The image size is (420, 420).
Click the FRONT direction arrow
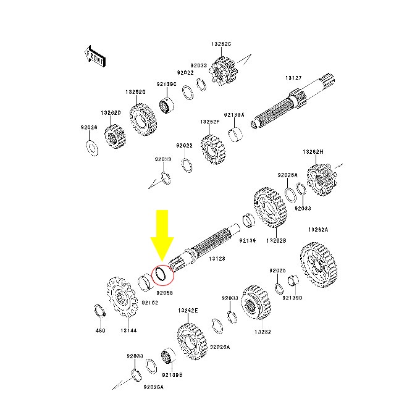coord(95,57)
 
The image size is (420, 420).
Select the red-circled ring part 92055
coord(161,274)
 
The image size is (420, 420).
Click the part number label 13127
coord(293,78)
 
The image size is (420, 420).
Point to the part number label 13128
coord(217,259)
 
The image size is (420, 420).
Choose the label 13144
coord(128,330)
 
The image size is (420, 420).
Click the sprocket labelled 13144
coord(122,297)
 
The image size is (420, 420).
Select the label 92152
coord(149,303)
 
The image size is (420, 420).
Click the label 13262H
coord(313,152)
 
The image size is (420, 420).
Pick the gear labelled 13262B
coord(270,208)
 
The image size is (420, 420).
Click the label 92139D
coord(292,298)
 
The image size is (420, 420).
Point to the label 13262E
coord(188,311)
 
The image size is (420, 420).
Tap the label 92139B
coord(172,375)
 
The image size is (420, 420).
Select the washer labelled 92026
coord(93,148)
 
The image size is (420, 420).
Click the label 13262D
coord(111,113)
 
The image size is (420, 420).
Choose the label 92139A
coord(234,115)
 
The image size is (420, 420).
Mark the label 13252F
coord(210,122)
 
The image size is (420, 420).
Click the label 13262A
coord(318,230)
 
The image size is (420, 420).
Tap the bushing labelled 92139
coord(248,220)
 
